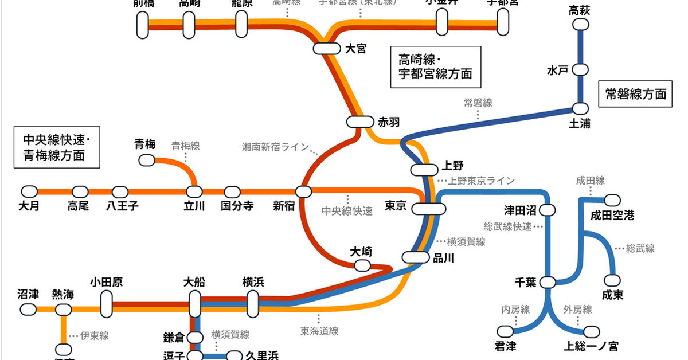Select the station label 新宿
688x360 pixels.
click(284, 206)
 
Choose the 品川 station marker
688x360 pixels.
click(416, 257)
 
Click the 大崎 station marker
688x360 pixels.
click(362, 265)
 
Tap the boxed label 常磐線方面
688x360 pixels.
click(636, 94)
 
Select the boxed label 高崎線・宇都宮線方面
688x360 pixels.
click(436, 66)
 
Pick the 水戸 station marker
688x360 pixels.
click(581, 70)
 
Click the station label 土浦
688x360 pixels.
click(580, 124)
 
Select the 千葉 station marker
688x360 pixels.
click(548, 283)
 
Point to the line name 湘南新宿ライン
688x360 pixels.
click(275, 147)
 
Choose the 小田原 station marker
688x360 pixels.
click(106, 304)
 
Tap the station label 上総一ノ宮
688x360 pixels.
click(591, 346)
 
